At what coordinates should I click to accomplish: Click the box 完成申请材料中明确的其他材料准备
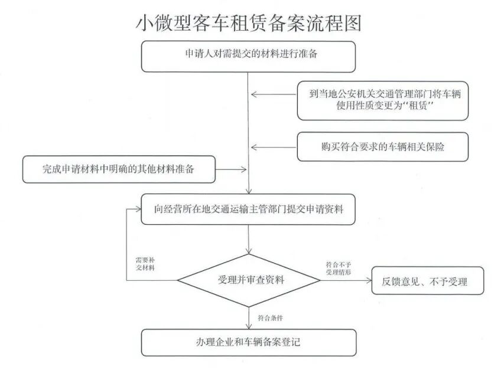click(119, 169)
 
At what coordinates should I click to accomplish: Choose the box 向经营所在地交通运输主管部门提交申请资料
click(248, 209)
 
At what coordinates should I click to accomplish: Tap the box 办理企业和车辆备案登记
click(248, 342)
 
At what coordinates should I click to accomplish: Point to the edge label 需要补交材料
click(145, 264)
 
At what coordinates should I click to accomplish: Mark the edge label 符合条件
click(270, 317)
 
